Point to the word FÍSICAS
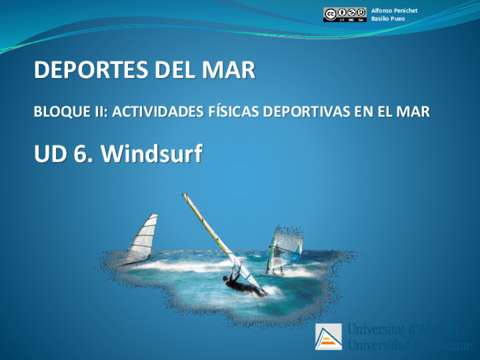coord(237,112)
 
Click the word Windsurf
coord(152,153)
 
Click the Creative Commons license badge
coord(345,15)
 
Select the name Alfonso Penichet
coord(394,11)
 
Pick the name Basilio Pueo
coord(388,19)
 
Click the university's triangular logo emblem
coord(328,337)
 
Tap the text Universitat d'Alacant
coord(402,330)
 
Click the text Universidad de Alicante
coord(410,344)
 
